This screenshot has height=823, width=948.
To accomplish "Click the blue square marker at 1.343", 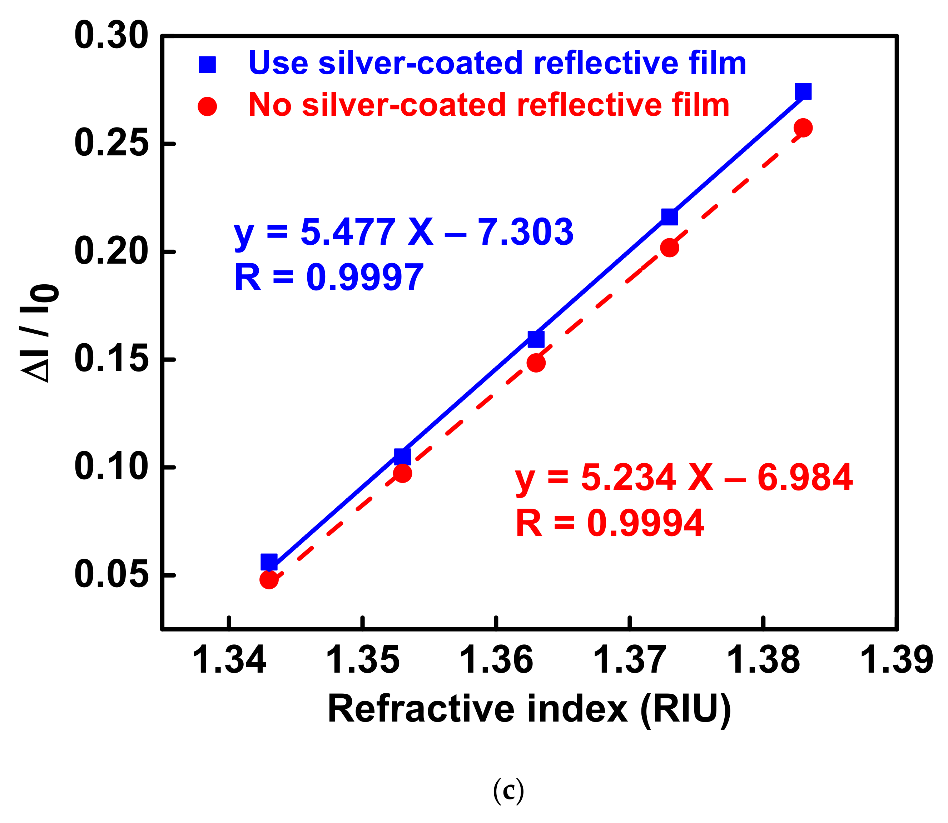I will (x=269, y=562).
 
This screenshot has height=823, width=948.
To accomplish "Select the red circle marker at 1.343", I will (x=269, y=580).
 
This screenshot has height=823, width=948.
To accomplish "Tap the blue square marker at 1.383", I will (x=803, y=91).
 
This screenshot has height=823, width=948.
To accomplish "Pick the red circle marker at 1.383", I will (x=803, y=128).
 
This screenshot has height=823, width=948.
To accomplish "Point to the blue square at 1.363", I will (x=536, y=339).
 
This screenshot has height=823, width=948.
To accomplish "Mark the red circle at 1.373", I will (x=670, y=248).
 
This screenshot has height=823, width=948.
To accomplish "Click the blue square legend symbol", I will (x=207, y=65).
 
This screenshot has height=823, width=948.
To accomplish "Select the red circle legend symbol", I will (x=207, y=106).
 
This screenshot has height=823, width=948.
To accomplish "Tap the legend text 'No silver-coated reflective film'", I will (x=489, y=105).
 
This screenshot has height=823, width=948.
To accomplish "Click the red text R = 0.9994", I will (x=610, y=523).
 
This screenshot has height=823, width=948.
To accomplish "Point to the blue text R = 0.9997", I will (x=329, y=278).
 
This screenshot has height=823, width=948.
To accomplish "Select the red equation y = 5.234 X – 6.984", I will (x=684, y=478).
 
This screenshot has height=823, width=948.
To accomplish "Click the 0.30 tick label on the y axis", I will (x=111, y=36).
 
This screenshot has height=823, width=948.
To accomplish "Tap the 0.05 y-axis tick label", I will (x=111, y=574).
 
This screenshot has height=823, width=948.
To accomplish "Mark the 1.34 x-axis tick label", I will (x=229, y=660).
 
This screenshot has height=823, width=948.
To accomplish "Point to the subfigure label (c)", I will (x=508, y=790).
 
